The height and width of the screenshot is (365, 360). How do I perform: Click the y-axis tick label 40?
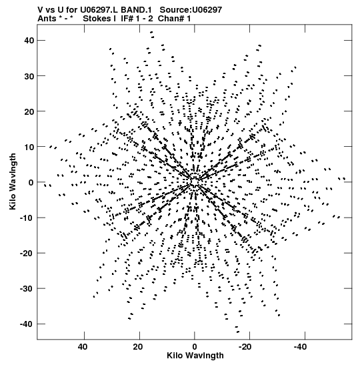coord(29,41)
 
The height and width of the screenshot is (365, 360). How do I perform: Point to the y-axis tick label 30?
coord(29,76)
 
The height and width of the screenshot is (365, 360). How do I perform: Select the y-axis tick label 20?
coord(29,111)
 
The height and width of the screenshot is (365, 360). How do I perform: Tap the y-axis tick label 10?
coord(29,147)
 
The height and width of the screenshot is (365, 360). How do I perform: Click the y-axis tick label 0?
coord(31,183)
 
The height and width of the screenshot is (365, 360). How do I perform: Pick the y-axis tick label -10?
coord(27,218)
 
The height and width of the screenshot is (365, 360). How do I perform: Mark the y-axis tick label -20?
coord(27,254)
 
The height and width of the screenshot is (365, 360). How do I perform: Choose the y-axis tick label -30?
coord(27,289)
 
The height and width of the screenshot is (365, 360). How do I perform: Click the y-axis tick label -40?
coord(27,324)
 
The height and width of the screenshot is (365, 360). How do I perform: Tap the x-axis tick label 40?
coord(83,347)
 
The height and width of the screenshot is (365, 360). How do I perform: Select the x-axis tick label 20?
coord(138,347)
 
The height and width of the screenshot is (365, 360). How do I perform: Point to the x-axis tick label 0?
coord(195,347)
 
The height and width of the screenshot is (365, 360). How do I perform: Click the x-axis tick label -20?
coord(245,347)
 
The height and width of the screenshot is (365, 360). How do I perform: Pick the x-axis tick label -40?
coord(300,347)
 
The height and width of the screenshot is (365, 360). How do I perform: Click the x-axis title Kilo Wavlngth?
coord(195,356)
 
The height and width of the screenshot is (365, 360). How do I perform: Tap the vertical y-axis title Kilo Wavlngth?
coord(13,181)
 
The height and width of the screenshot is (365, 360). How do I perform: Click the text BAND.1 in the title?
coord(136,10)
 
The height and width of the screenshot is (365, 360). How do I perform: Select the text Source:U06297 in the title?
coord(191,10)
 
